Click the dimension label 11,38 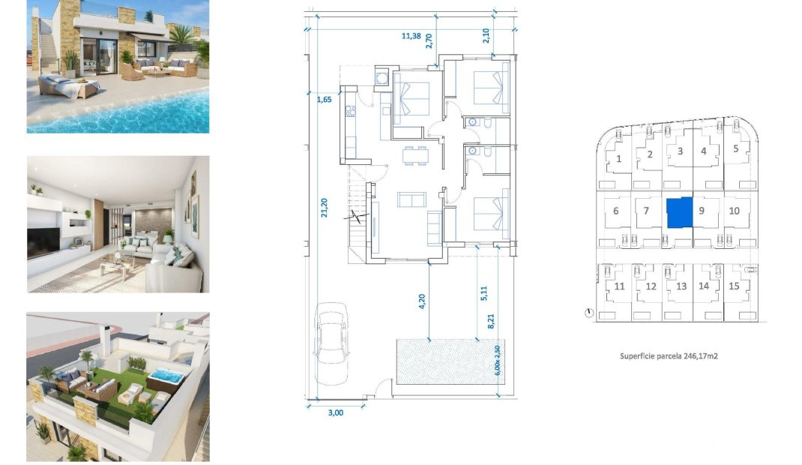[x=411, y=35]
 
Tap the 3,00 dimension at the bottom [x=335, y=412]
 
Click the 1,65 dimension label [x=324, y=99]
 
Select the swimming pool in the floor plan [x=446, y=362]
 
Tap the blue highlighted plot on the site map [x=679, y=212]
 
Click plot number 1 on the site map [x=618, y=158]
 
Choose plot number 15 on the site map [x=733, y=286]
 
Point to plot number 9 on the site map [x=702, y=211]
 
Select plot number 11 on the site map [x=619, y=286]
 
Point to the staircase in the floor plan [x=358, y=217]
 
